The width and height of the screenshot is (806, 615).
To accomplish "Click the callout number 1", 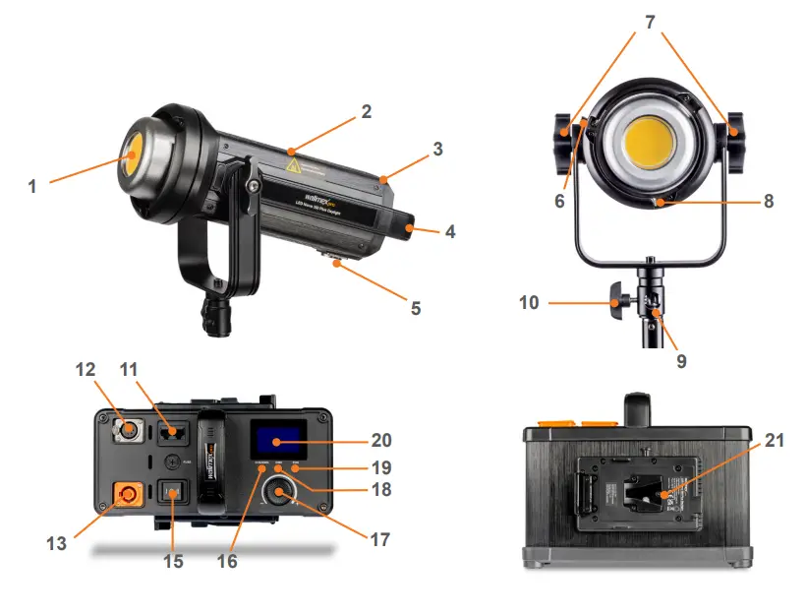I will coord(31,185).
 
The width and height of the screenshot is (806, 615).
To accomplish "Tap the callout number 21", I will coord(775,441).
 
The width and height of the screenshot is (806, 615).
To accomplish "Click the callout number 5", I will coord(416,308).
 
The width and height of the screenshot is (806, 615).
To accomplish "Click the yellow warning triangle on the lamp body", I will coord(293,164).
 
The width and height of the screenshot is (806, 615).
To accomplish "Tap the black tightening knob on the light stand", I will coord(615,302).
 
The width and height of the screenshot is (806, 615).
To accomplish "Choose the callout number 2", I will coord(366,112).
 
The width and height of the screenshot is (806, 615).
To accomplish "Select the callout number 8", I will coord(769,201).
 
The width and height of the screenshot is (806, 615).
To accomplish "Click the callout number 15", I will coord(172,561).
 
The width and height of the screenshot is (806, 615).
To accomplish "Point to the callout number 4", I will coord(450,233).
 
